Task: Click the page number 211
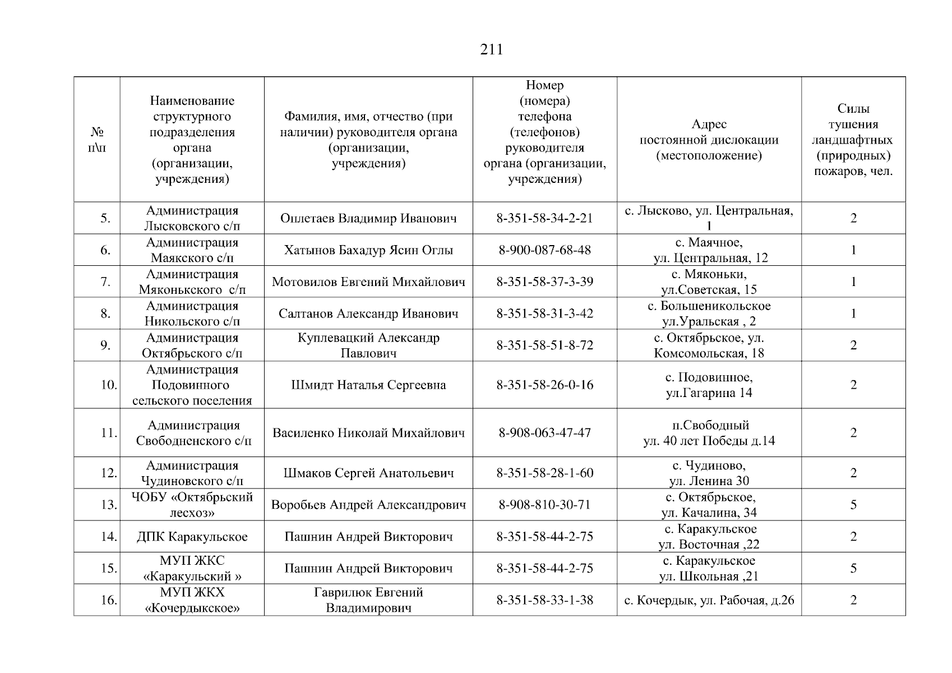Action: pyautogui.click(x=492, y=50)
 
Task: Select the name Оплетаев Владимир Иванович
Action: pyautogui.click(x=368, y=218)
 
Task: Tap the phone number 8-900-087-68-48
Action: pyautogui.click(x=544, y=250)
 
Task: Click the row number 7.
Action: pyautogui.click(x=105, y=282)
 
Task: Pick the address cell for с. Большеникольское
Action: pyautogui.click(x=709, y=314)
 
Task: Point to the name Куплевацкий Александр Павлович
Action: pyautogui.click(x=368, y=345)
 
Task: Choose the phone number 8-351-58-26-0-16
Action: pyautogui.click(x=544, y=385)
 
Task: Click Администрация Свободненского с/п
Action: pyautogui.click(x=193, y=433)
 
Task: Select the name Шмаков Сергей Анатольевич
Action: pyautogui.click(x=368, y=473)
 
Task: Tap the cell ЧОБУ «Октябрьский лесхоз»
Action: pyautogui.click(x=192, y=505)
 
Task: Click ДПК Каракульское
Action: pyautogui.click(x=192, y=537)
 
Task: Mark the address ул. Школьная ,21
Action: pyautogui.click(x=709, y=576)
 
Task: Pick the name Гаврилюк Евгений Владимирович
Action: pyautogui.click(x=368, y=600)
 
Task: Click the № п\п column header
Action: pyautogui.click(x=98, y=140)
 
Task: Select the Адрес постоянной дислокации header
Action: pyautogui.click(x=709, y=140)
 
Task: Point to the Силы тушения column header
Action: pyautogui.click(x=853, y=140)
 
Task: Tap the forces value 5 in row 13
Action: pyautogui.click(x=853, y=505)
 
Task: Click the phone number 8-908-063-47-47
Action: pyautogui.click(x=544, y=433)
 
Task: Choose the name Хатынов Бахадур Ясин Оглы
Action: pyautogui.click(x=368, y=250)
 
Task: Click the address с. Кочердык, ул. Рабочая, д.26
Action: pyautogui.click(x=709, y=600)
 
